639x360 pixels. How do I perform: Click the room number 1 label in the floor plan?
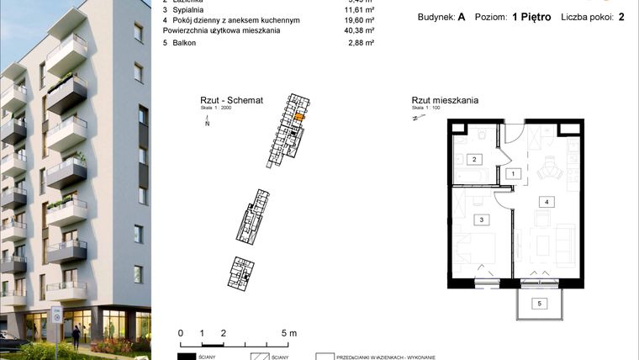coord(513,174)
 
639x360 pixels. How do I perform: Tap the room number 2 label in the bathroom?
coord(474,159)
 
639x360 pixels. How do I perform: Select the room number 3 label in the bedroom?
coord(481,220)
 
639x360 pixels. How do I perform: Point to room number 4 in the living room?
coord(547,202)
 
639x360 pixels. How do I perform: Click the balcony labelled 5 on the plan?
coord(541,303)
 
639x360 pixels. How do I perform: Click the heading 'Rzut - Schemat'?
coord(226,100)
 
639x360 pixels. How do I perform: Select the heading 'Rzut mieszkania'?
coord(445,100)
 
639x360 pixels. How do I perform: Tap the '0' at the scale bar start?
coord(181,333)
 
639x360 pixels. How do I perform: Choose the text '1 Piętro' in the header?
coord(535,17)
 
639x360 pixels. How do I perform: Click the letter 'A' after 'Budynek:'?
coord(462,17)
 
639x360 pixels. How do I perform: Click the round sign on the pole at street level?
coord(57,317)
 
